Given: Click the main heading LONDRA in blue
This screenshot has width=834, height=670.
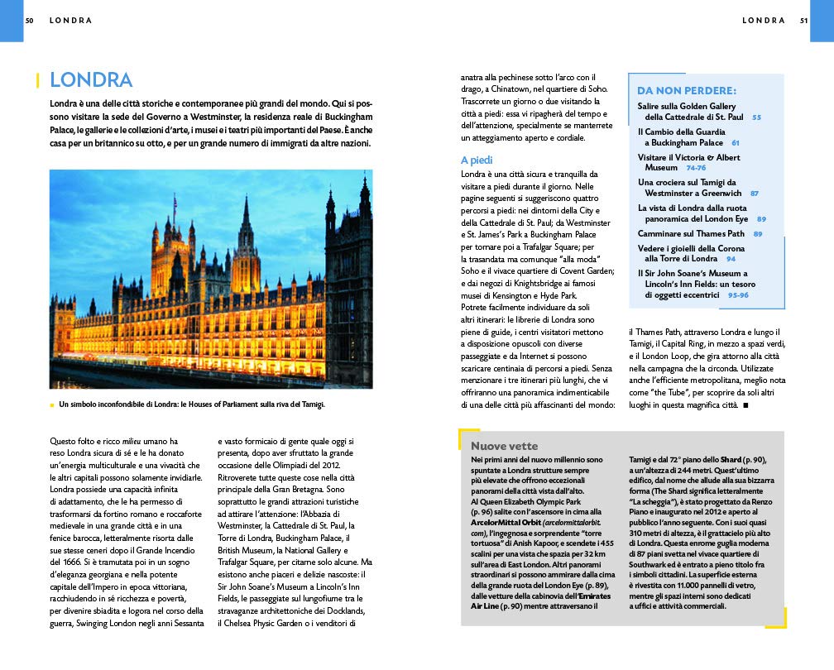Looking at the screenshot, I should tap(91, 80).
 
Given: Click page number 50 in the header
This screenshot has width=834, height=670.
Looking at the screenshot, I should tap(29, 20).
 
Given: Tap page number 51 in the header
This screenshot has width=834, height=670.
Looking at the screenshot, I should tap(803, 20).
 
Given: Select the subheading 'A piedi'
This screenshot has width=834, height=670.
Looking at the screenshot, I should tap(477, 160).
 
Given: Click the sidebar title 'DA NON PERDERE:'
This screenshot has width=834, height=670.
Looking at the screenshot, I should tap(687, 90).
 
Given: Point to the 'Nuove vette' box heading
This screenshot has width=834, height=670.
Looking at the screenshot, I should tap(504, 446).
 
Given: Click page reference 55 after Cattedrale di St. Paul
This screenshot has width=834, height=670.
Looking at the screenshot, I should tap(756, 117).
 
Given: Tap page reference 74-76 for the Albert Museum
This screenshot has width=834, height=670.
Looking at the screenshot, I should tap(696, 168).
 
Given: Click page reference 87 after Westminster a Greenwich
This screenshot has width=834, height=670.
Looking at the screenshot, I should tap(754, 194).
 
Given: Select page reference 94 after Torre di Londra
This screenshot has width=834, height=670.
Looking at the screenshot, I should tap(731, 259).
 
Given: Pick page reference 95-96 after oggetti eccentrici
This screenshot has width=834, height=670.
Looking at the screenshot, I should tap(738, 294).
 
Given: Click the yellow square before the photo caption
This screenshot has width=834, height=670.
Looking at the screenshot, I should tap(52, 404).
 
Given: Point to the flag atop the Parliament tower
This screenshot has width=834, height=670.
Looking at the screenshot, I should tap(175, 201).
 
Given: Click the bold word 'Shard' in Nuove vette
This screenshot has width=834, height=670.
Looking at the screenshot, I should tap(731, 459).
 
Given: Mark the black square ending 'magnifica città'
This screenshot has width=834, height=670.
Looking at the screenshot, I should tap(745, 404).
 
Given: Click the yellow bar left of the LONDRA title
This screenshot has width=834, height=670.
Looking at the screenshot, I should tap(38, 80).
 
